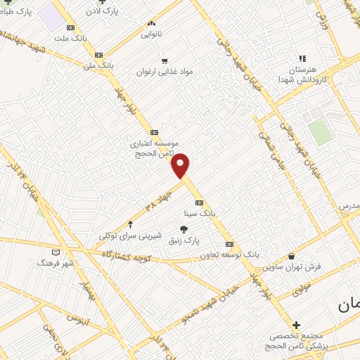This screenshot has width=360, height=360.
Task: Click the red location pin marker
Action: [x=181, y=165]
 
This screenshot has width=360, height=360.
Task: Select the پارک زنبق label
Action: [x=185, y=240]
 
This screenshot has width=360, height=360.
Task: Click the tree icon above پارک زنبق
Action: [x=184, y=229]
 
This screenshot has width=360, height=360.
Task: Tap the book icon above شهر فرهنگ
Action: [x=57, y=251]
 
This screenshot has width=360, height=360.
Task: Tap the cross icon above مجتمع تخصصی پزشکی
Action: [x=296, y=325]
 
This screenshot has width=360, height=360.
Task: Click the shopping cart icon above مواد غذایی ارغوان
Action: [x=165, y=61]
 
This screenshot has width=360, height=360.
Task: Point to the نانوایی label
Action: [x=151, y=33]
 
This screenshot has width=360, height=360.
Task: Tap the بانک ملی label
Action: [x=98, y=66]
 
